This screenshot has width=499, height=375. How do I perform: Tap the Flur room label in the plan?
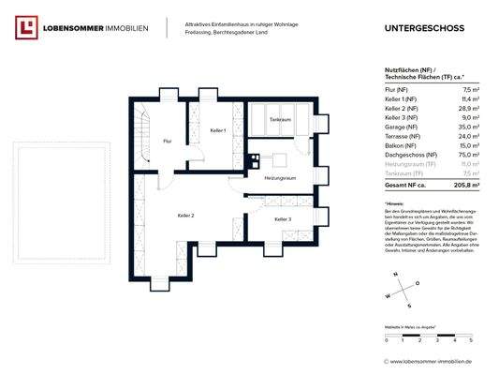(167, 141)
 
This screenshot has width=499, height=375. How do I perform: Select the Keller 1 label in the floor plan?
(217, 129)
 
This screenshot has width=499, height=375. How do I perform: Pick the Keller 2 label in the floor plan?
(185, 216)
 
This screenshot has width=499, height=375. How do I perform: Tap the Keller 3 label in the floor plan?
(282, 218)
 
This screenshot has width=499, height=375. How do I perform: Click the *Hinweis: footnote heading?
(397, 203)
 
